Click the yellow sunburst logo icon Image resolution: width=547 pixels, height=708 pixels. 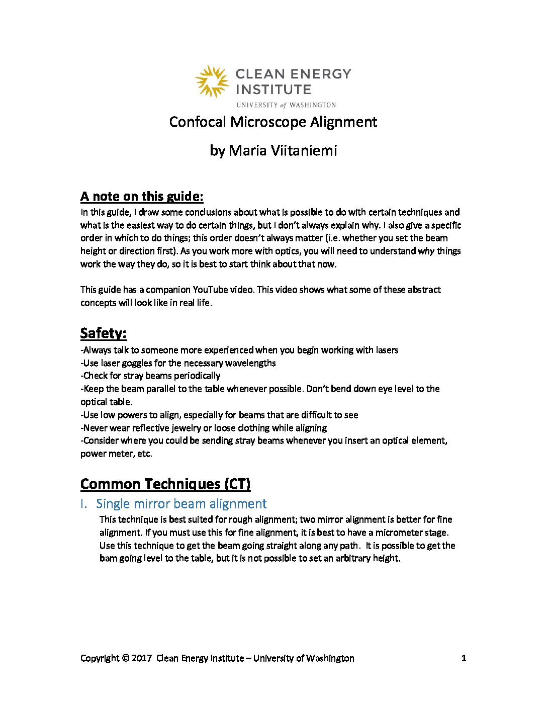click(x=212, y=81)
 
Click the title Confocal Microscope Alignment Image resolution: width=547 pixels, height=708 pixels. click(x=273, y=122)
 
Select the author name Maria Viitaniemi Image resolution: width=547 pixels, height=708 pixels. click(x=283, y=150)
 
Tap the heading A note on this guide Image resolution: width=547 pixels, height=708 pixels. click(x=142, y=196)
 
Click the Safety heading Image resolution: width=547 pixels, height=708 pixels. click(x=103, y=333)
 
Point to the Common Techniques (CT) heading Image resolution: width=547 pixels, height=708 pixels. click(x=165, y=484)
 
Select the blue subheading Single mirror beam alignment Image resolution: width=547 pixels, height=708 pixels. click(x=181, y=503)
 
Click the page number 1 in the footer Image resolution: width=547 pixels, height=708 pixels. click(x=464, y=658)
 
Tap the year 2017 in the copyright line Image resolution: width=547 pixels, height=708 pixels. click(x=142, y=658)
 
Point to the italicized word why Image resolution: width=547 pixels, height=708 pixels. click(x=426, y=251)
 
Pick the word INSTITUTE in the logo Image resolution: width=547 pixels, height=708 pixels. click(x=273, y=90)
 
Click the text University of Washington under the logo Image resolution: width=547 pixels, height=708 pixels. click(x=286, y=105)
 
